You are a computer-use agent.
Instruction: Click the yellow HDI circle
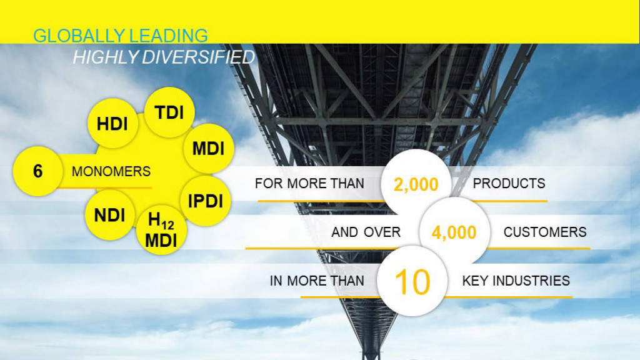112,123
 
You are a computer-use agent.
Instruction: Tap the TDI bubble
169,112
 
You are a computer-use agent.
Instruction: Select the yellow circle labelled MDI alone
209,149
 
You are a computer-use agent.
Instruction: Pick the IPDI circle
205,201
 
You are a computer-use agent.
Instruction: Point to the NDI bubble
110,215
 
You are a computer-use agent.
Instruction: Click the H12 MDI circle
162,230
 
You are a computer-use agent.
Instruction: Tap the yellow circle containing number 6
38,171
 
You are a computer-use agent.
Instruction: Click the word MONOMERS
111,171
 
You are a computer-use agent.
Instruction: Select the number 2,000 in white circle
416,184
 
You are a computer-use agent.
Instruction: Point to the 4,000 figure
454,232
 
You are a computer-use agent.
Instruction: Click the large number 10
412,282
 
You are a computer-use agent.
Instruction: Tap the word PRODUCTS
509,183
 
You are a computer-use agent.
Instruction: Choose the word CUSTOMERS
545,232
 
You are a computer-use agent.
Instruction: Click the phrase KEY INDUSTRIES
516,281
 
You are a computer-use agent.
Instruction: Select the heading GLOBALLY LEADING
121,36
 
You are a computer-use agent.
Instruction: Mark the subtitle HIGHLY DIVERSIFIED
164,57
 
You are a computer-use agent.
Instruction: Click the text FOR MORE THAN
309,183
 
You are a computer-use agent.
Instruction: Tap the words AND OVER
366,232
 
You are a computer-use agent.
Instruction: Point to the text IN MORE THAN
317,281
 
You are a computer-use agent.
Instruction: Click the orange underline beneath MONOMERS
104,187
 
